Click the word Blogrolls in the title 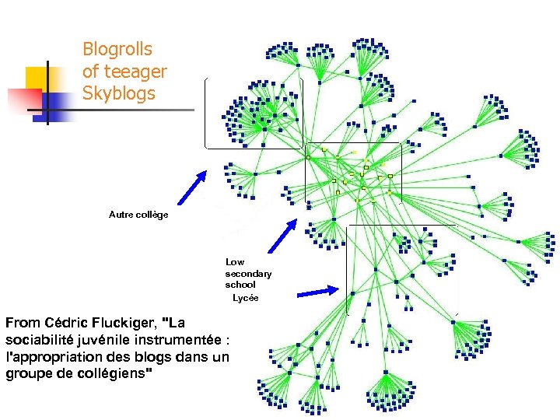coord(117,50)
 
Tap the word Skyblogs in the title coord(119,94)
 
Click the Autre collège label coord(138,214)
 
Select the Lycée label coord(246,298)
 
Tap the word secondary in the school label coord(248,274)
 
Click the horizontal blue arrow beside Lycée coord(318,292)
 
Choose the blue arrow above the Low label coord(282,236)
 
